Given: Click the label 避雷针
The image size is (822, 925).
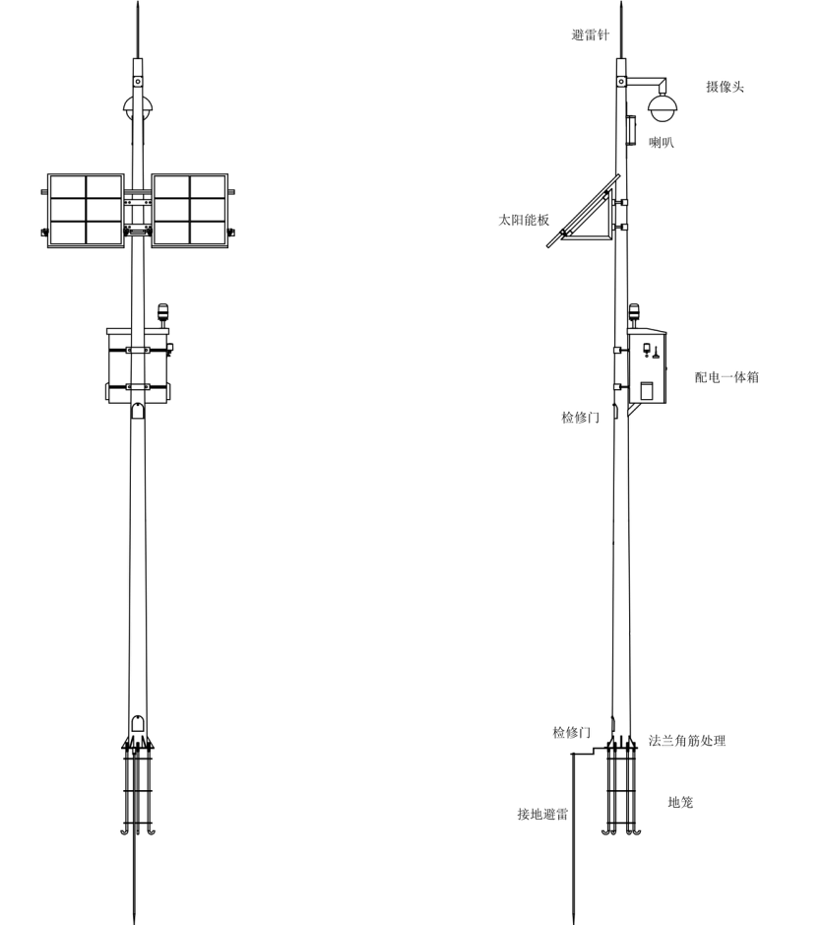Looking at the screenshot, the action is click(591, 34).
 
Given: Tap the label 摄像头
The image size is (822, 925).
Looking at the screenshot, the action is click(725, 87).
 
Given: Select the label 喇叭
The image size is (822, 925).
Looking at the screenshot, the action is click(661, 142).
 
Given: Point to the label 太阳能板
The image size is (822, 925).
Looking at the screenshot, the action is click(524, 220).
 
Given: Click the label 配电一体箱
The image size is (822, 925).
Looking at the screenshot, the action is click(727, 377).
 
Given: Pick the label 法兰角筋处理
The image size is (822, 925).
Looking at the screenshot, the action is click(687, 741).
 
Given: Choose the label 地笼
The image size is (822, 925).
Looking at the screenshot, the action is click(680, 802).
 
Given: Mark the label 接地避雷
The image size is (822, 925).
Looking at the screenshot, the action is click(542, 814).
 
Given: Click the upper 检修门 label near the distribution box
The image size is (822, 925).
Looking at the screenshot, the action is click(580, 418).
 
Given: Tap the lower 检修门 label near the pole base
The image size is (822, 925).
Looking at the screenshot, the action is click(571, 733).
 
